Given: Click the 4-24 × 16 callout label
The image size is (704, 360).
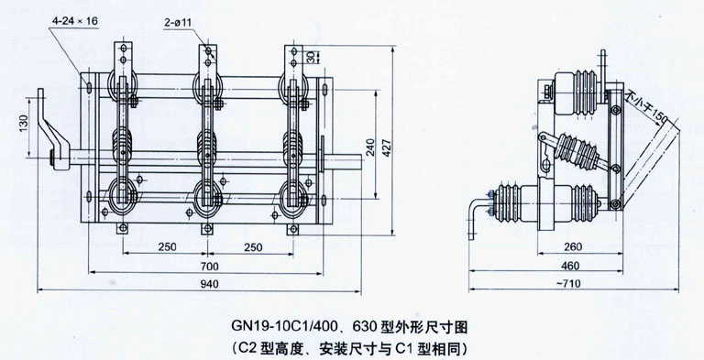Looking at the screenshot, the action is point(74,21).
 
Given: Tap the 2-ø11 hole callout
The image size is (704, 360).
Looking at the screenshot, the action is point(177,22).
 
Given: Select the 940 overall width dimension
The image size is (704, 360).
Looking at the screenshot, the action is point(209,284).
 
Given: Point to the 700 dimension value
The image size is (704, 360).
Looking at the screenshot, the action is point(209,267).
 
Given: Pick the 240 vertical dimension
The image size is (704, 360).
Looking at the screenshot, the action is point(370,147).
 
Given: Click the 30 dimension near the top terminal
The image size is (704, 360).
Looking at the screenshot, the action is point(324,57).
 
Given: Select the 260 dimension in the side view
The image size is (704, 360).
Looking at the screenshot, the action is point(572,246).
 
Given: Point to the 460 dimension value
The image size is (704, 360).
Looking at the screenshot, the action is point(570,266).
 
